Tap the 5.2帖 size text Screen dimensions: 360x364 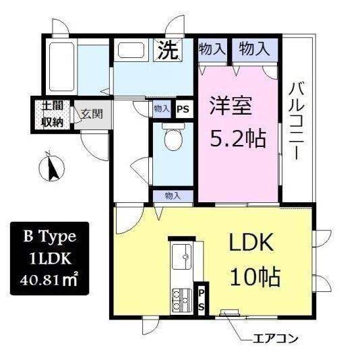click(237, 139)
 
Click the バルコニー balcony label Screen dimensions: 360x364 click(297, 121)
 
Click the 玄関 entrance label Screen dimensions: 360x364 click(92, 113)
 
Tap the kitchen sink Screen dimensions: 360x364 click(181, 256)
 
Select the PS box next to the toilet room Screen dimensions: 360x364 click(183, 109)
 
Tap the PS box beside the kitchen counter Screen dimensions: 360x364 click(202, 297)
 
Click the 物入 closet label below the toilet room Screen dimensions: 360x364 click(173, 196)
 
